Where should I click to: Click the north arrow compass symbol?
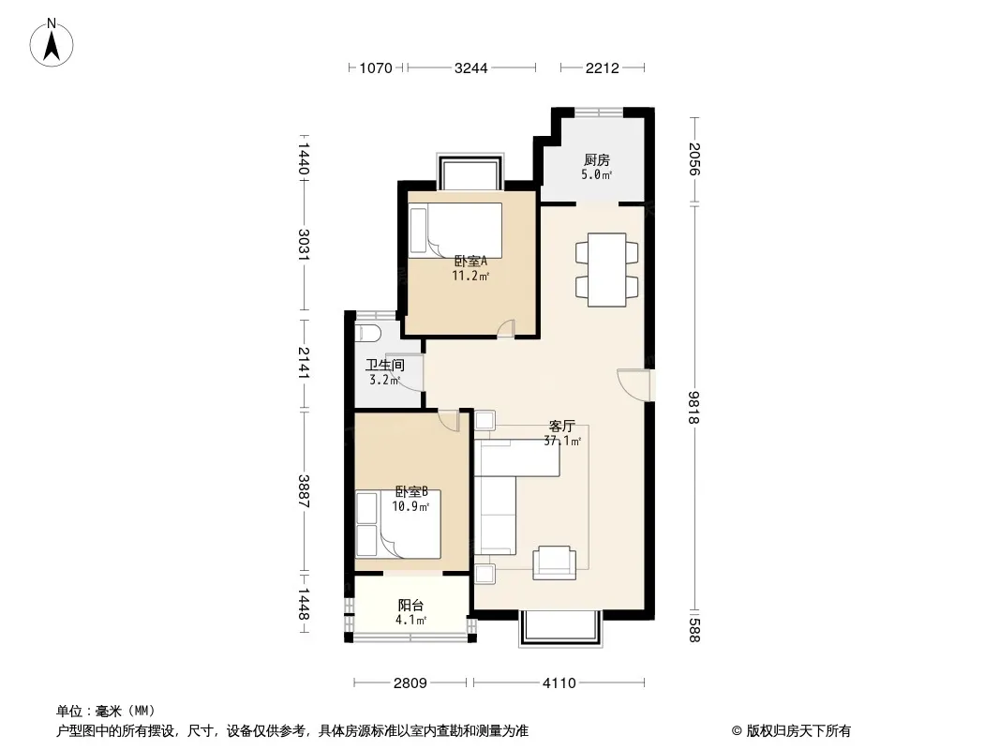point(52,43)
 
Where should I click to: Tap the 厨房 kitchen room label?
point(596,160)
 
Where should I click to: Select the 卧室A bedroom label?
point(470,262)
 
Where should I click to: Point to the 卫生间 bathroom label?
point(385,365)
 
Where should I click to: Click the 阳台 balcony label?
point(410,606)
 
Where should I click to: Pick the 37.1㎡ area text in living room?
point(562,441)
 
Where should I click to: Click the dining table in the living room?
point(606,270)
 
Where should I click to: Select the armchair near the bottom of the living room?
point(554,562)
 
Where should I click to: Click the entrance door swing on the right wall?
point(634,385)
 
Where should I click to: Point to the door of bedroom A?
point(506,327)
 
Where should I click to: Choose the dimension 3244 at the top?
point(470,67)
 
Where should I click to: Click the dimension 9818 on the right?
point(693,407)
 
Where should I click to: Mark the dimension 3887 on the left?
point(304,491)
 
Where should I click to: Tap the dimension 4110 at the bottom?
point(559,683)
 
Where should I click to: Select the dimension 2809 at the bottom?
point(410,683)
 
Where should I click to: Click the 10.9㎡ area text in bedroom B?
point(410,507)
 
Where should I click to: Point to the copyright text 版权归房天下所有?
point(798,731)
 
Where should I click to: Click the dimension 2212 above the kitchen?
point(602,67)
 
